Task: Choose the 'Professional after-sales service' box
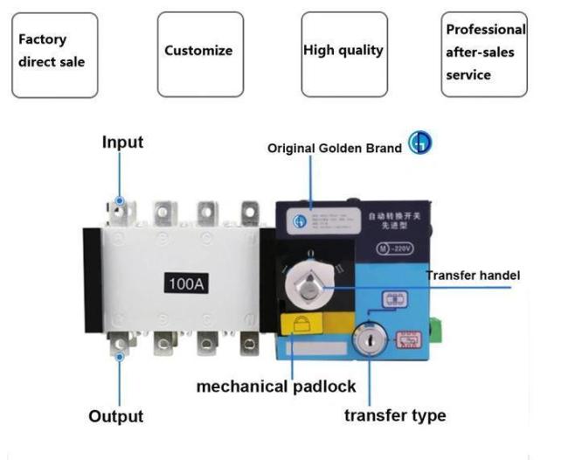[485, 53]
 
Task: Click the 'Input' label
[122, 142]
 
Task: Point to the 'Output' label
[115, 416]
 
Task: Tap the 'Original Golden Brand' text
[335, 149]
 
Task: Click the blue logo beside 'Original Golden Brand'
[420, 144]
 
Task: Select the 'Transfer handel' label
[473, 275]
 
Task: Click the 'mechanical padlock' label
[276, 387]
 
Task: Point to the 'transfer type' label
[395, 415]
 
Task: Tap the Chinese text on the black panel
[392, 219]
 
